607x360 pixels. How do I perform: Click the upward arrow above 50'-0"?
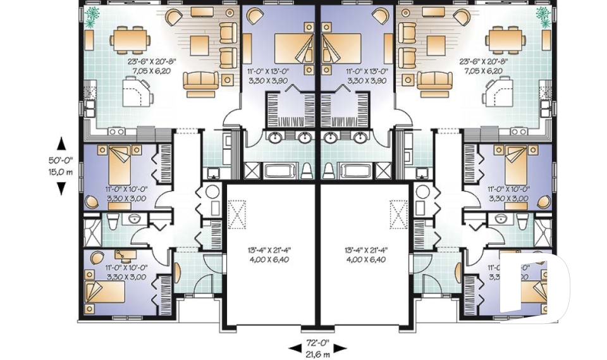tap(61, 144)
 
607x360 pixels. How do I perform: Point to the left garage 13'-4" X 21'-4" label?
tap(269, 250)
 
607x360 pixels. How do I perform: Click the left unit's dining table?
tap(130, 40)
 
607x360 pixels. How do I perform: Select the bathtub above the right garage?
tap(357, 170)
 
